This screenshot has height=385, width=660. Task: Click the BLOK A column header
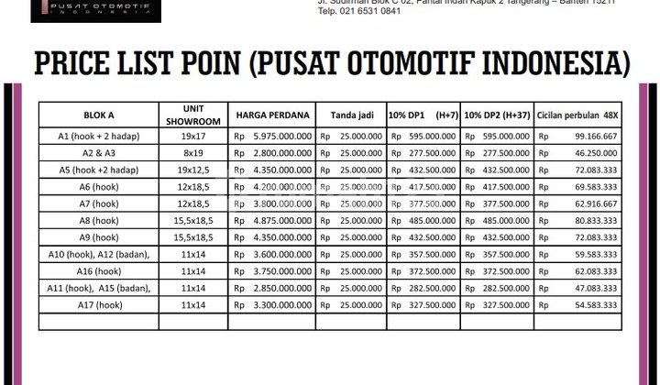[98, 115]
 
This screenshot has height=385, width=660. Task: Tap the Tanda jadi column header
[350, 115]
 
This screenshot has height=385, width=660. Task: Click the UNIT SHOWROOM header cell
[192, 115]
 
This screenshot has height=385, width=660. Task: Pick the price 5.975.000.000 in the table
[279, 137]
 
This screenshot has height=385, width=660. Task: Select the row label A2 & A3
[98, 153]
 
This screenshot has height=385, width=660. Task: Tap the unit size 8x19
[192, 153]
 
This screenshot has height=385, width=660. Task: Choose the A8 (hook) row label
[98, 221]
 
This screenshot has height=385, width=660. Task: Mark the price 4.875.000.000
[279, 221]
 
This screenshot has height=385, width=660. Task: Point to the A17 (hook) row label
[98, 304]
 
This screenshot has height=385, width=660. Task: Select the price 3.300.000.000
[279, 304]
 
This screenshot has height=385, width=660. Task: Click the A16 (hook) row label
[98, 271]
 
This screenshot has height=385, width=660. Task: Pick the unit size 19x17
[192, 137]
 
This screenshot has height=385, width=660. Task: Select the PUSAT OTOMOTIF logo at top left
[98, 10]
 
